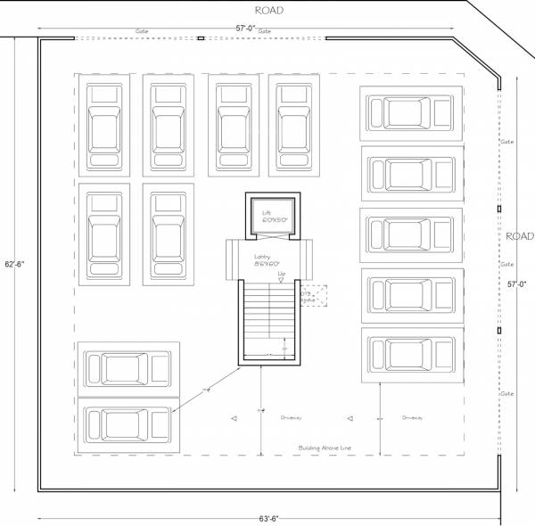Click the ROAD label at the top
coord(269,11)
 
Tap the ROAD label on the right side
coord(519,237)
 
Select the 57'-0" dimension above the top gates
coord(245,29)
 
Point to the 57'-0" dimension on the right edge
coord(517,284)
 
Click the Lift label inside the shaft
coord(266,214)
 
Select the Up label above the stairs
coord(281,273)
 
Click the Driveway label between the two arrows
coord(292,417)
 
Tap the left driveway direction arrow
coord(233,417)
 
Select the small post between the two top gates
coord(201,38)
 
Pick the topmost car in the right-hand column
coord(412,113)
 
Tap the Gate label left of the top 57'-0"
coord(142,30)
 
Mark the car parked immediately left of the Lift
coord(168,234)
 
